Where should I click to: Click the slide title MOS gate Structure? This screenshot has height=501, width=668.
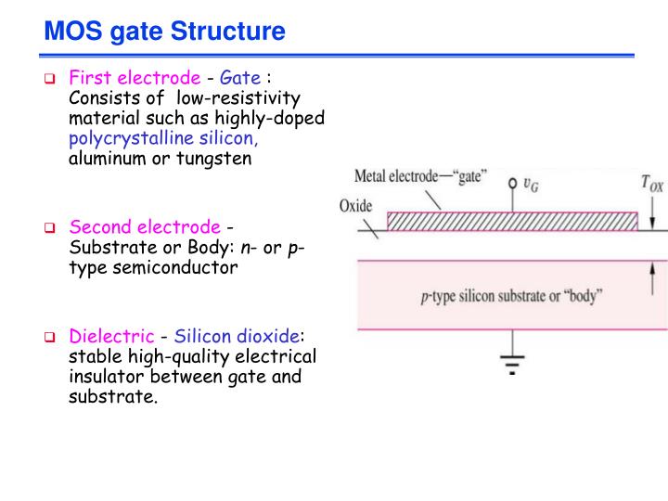pos(164,32)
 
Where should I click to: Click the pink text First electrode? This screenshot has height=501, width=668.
pos(135,78)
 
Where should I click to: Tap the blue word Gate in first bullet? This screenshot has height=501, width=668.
pos(239,78)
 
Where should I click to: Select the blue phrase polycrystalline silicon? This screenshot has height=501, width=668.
pos(163,138)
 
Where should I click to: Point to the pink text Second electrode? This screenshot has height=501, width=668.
pos(145,227)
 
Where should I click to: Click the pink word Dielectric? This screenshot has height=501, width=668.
pos(111,337)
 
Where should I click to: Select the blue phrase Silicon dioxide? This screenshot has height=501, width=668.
pos(237,337)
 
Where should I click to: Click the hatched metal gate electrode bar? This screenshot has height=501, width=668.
pos(511,221)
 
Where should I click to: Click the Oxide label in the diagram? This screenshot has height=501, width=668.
pos(355,206)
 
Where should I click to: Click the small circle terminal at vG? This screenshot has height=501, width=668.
pos(511,183)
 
